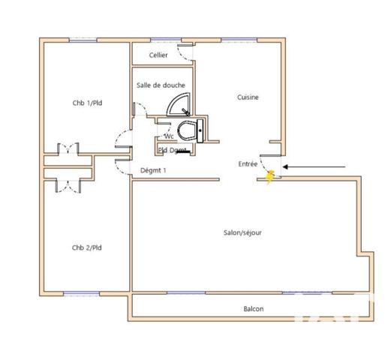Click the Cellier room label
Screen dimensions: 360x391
pos(158,55)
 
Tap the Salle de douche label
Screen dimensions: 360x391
pos(161,85)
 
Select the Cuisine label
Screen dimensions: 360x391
pos(248,97)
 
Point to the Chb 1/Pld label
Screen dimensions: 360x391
pos(85,103)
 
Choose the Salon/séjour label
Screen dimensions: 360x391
pos(242,232)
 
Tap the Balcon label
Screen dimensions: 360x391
pos(253,309)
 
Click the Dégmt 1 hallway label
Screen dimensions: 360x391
pos(154,170)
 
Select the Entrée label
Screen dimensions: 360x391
pos(248,163)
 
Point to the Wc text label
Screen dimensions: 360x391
pos(169,136)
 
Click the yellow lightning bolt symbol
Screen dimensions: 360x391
pos(271,178)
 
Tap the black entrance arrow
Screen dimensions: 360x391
pos(315,166)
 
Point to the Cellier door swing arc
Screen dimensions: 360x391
pos(182,49)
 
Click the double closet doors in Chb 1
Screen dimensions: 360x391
pos(69,147)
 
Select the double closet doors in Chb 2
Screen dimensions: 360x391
pos(69,185)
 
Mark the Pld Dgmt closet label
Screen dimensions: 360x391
pos(173,150)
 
